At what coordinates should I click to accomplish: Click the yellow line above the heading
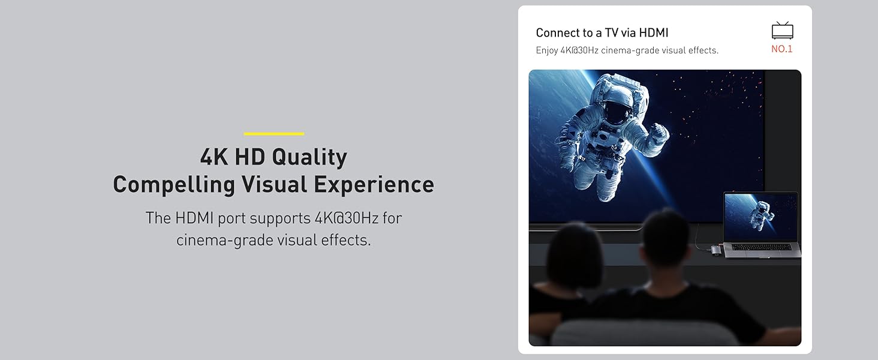273,134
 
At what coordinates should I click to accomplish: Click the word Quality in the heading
309,158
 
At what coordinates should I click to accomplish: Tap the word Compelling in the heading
174,185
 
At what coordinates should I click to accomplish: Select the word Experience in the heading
374,185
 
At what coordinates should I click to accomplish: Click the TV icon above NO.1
783,31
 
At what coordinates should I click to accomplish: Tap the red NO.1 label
782,49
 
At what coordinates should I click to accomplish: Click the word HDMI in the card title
654,32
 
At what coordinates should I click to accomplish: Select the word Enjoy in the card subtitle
547,50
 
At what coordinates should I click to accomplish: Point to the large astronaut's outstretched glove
659,134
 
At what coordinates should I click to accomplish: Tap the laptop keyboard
761,247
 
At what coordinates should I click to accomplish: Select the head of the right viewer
666,239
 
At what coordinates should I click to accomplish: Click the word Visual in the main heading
274,185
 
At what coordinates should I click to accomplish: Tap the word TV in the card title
611,32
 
